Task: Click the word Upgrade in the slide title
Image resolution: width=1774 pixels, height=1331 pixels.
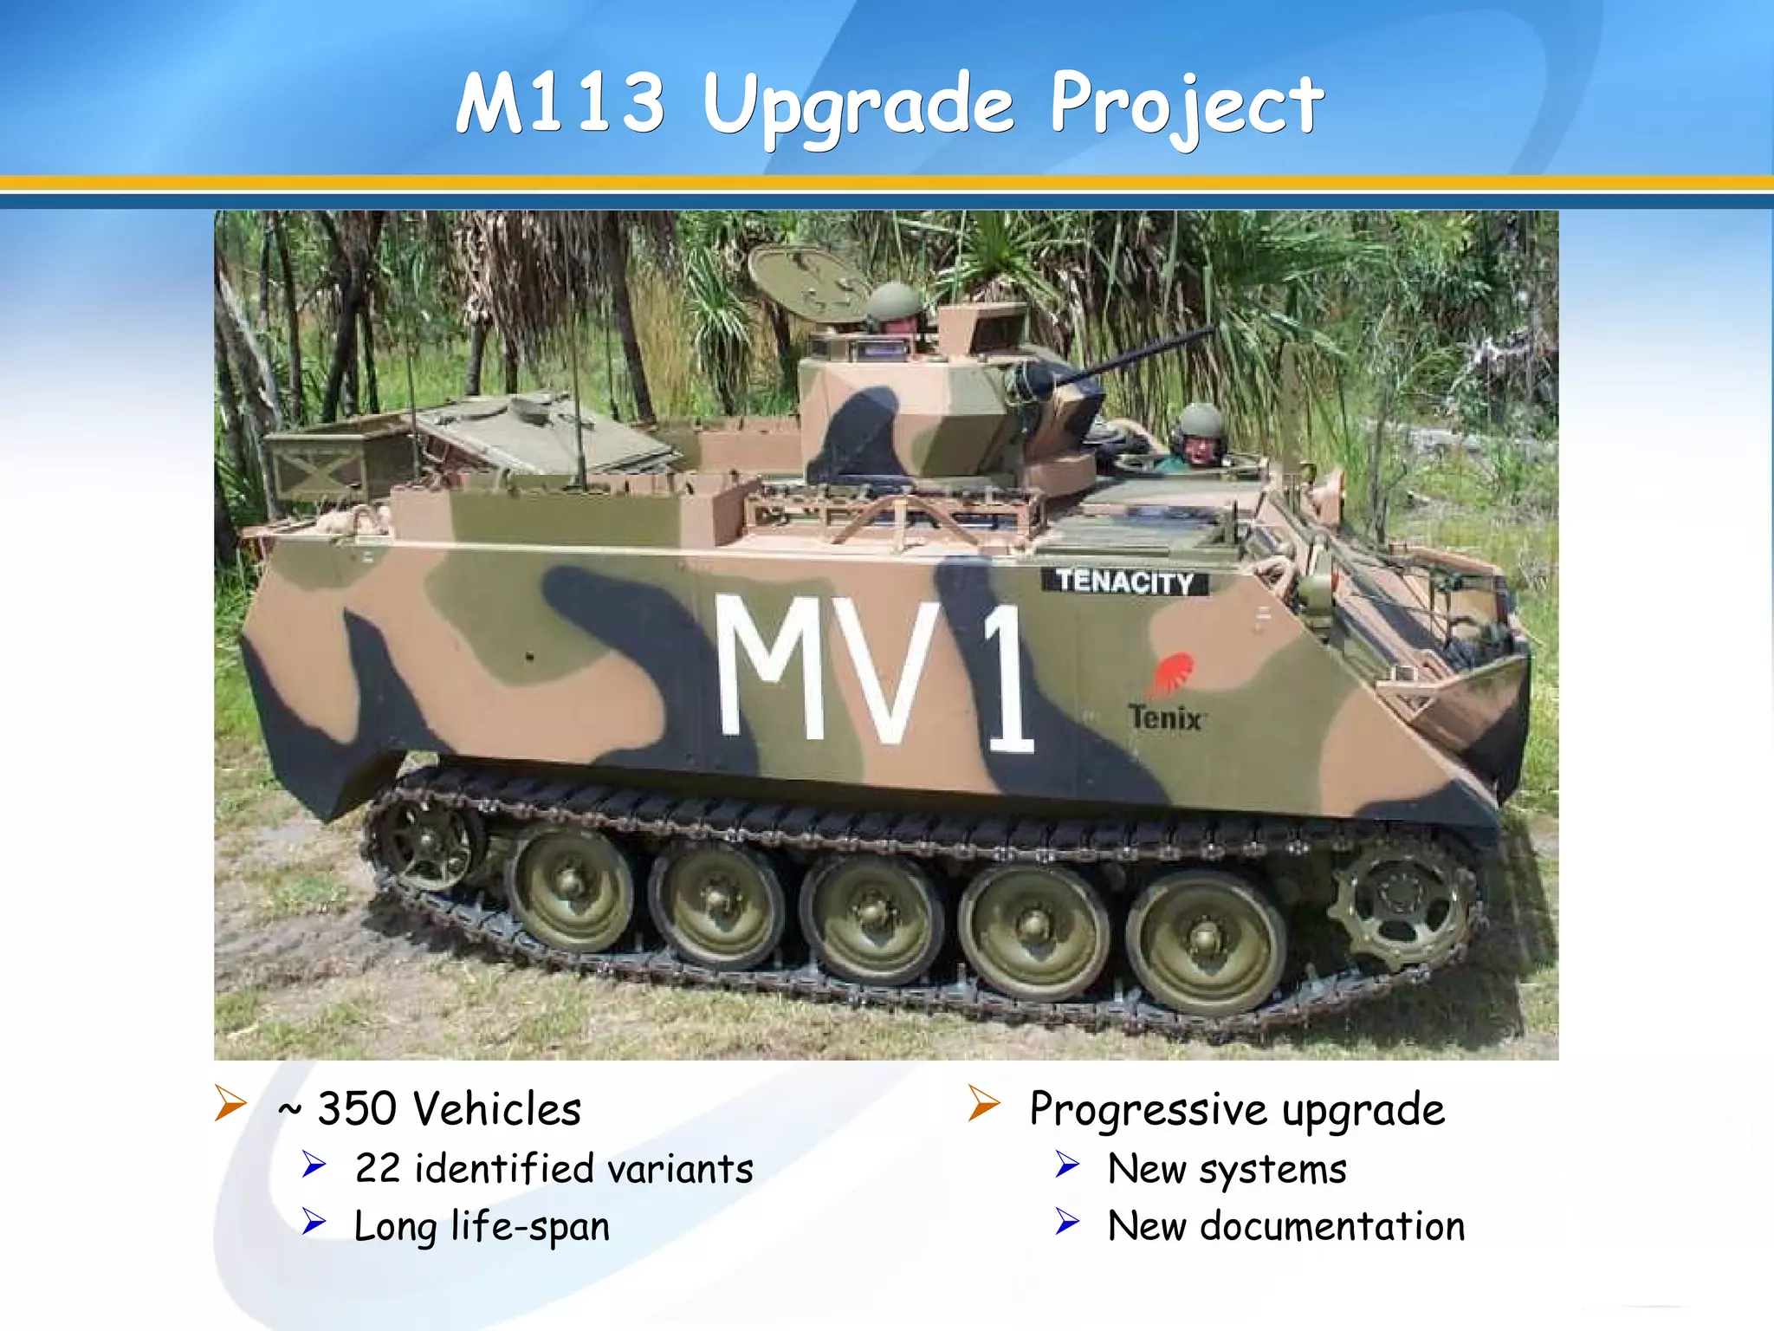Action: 858,106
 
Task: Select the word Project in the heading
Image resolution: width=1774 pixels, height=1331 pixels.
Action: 1187,106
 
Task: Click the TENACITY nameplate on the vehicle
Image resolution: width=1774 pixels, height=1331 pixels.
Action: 1124,581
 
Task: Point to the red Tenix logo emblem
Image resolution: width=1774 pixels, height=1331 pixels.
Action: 1173,673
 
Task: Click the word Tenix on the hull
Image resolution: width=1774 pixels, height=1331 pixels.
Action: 1165,718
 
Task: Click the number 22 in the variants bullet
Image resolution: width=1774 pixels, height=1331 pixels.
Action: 378,1169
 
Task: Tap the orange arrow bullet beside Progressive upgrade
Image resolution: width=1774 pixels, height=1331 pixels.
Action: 984,1103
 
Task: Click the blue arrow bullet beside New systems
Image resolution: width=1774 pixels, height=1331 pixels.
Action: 1067,1165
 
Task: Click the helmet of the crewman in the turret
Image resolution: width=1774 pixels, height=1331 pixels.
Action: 894,301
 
